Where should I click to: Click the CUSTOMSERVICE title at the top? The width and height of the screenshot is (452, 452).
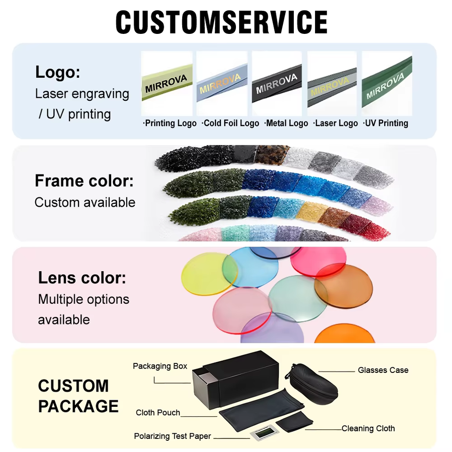tap(221, 22)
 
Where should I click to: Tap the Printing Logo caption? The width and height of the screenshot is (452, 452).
tap(170, 123)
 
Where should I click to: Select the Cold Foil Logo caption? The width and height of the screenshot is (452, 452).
tap(230, 123)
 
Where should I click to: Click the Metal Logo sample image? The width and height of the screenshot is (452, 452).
tap(277, 84)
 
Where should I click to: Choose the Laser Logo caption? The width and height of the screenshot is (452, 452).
tap(336, 123)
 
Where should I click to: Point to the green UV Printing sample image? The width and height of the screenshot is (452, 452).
tap(387, 84)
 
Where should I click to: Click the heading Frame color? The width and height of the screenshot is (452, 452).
tap(84, 181)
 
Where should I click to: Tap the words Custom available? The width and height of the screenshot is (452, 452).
tap(85, 202)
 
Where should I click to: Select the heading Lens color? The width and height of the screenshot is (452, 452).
tap(82, 278)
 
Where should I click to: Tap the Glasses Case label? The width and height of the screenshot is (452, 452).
tap(383, 370)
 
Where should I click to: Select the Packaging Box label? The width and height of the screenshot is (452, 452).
tap(160, 366)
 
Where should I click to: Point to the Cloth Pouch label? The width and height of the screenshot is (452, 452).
tap(158, 412)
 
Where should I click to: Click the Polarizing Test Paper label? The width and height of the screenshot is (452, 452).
tap(172, 436)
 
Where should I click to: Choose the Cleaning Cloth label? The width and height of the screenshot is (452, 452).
tap(368, 428)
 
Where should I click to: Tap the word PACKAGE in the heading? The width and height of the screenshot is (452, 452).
tap(78, 406)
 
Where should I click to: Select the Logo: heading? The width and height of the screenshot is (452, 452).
tap(57, 72)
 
